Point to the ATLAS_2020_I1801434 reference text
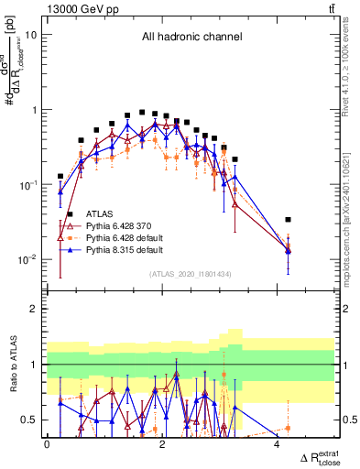190,274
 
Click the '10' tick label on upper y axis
31,35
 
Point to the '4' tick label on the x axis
277,444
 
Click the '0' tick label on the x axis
47,444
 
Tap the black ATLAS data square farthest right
289,220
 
